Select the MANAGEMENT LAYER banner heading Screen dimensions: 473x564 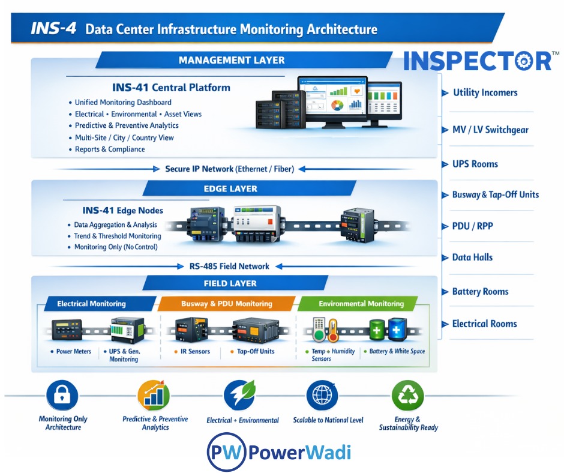pos(232,60)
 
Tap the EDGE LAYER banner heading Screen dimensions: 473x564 pos(230,188)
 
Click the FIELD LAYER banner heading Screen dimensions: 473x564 pos(230,283)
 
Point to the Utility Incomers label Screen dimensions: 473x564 pos(485,92)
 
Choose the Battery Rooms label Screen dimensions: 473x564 pos(480,292)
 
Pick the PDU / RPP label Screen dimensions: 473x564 pos(473,227)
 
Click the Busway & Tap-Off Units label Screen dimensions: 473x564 pos(496,194)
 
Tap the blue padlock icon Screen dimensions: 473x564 pos(62,395)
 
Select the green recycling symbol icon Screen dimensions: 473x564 pos(408,395)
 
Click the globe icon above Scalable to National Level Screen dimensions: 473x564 pos(322,395)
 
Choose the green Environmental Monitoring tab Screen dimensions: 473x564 pos(361,304)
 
